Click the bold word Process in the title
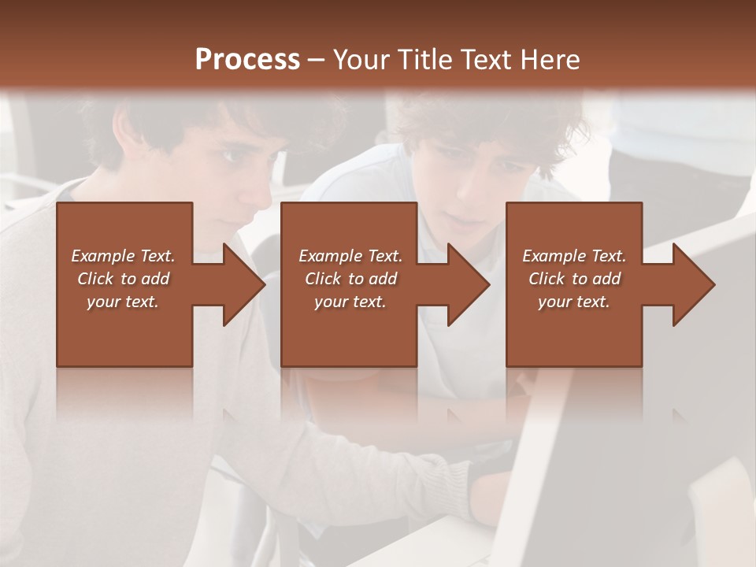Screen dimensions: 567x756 (247, 60)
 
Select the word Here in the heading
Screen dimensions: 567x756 (549, 60)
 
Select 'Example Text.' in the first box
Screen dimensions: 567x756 (123, 256)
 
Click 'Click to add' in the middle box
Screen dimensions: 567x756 (350, 279)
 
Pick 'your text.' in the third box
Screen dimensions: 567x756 (574, 302)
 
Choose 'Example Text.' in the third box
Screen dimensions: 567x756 (574, 256)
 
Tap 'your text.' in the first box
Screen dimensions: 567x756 (123, 302)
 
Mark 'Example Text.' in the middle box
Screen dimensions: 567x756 (350, 256)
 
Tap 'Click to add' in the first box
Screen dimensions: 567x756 (123, 279)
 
